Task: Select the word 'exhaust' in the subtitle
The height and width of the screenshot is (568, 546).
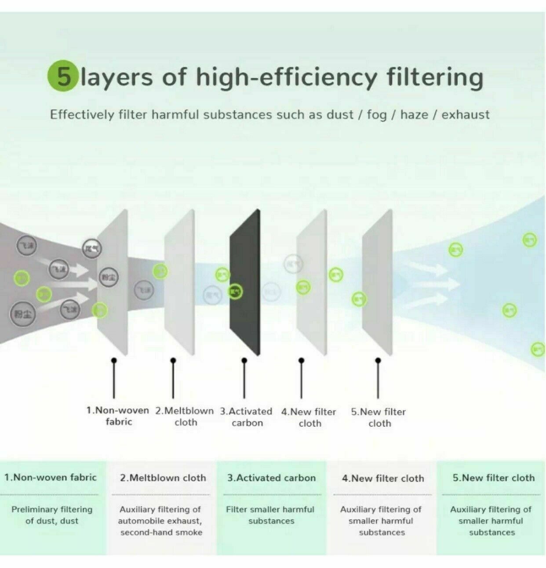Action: [x=465, y=115]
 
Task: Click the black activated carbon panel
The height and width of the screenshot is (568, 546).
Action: [x=245, y=282]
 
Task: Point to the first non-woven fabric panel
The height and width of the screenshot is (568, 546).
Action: [x=113, y=282]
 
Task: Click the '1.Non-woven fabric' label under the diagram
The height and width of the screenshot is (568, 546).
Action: [x=118, y=416]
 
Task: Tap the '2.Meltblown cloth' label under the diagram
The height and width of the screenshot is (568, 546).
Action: [x=184, y=417]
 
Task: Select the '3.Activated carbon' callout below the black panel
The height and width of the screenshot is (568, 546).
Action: [x=246, y=417]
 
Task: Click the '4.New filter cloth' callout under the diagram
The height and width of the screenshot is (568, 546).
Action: [x=309, y=417]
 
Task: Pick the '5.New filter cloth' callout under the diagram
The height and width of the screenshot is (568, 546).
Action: [x=379, y=417]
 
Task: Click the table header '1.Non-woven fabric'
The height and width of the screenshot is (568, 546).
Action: [x=51, y=477]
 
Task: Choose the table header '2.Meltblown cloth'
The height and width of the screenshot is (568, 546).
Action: [x=163, y=478]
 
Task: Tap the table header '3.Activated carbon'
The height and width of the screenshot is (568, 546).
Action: [x=271, y=478]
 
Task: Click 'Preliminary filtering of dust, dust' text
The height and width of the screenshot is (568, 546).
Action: [x=52, y=515]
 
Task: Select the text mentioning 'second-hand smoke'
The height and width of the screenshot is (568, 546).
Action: [x=161, y=532]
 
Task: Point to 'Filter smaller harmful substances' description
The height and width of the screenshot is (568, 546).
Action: [x=270, y=515]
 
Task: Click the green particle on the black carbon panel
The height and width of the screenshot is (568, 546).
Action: [x=236, y=291]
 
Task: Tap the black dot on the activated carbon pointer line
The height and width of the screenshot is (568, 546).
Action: [x=244, y=360]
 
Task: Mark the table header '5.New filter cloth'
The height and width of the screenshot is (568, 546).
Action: [x=494, y=478]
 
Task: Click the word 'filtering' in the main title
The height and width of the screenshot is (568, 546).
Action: [x=435, y=77]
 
